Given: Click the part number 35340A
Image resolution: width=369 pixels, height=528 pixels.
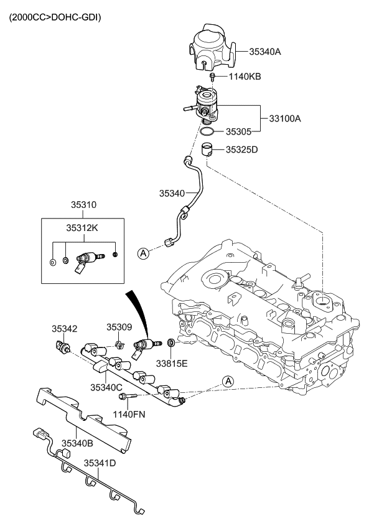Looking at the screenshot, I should click(x=265, y=52).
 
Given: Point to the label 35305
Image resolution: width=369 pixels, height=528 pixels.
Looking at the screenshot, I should click(x=239, y=132).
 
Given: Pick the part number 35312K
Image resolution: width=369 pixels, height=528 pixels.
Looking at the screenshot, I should click(x=82, y=228).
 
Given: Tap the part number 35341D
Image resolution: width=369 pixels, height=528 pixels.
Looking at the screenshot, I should click(x=100, y=463).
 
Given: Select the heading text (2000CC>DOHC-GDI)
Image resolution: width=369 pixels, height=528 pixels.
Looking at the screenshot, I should click(x=55, y=17).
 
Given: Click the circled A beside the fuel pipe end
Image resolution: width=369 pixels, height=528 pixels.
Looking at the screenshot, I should click(x=143, y=253).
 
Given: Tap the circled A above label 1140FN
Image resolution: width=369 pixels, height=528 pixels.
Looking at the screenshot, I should click(x=228, y=381).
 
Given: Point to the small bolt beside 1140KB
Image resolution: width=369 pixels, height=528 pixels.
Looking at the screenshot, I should click(x=213, y=77).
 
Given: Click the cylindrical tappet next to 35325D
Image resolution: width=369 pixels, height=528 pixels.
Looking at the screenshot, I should click(x=209, y=150).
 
